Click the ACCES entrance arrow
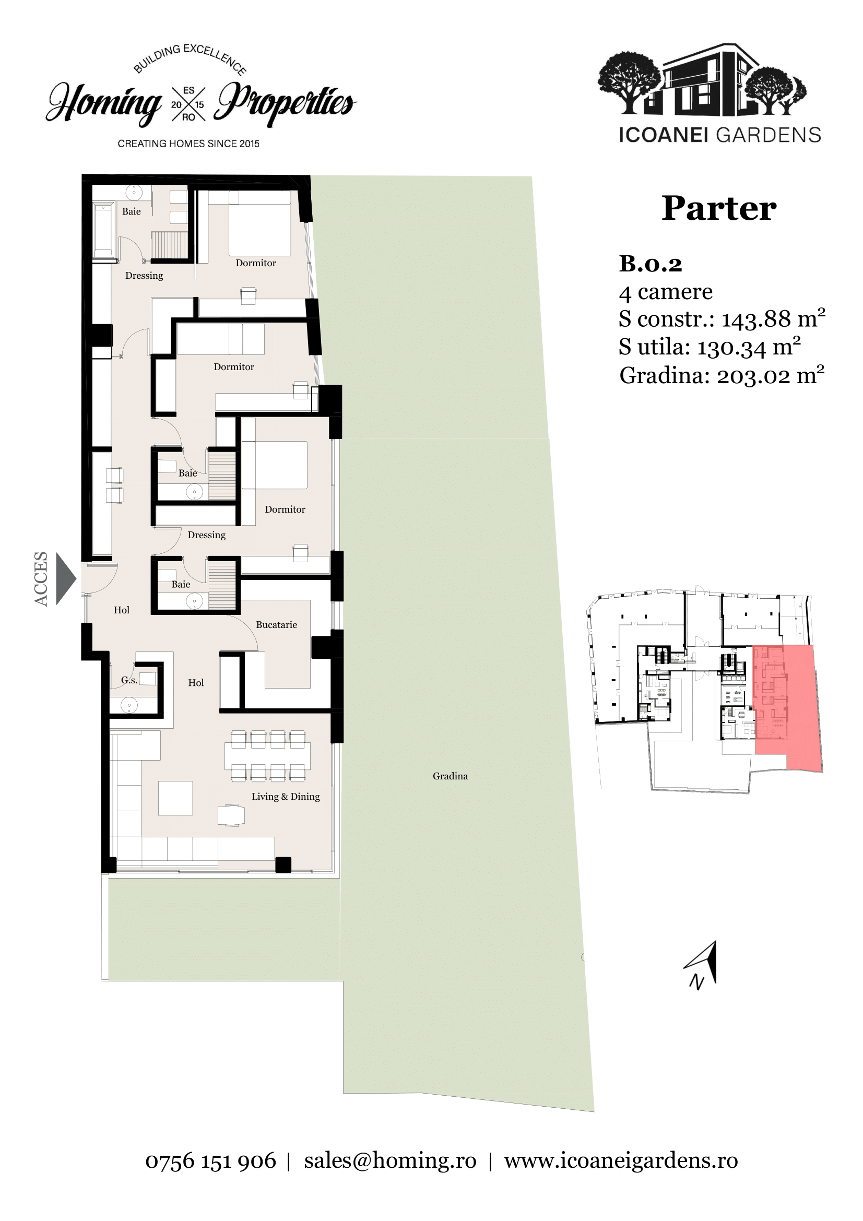[x=65, y=578]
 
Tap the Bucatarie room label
[x=277, y=625]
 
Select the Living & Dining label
[x=286, y=797]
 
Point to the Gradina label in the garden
[x=451, y=776]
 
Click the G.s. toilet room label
[x=129, y=680]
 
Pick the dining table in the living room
[x=267, y=756]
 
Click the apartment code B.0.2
[x=651, y=264]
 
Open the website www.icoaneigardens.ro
[x=621, y=1161]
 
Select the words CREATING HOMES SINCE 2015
[x=188, y=144]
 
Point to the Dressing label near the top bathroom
[x=144, y=276]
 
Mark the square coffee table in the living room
[x=175, y=798]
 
